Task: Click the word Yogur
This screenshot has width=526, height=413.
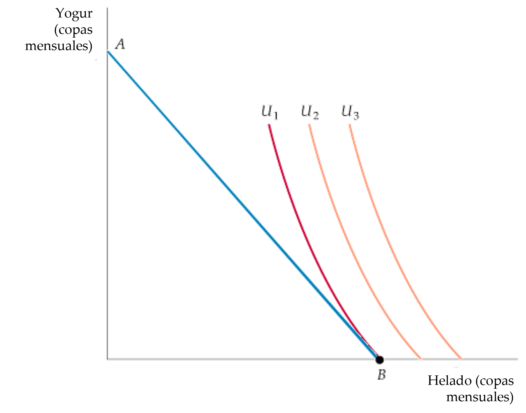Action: pyautogui.click(x=74, y=14)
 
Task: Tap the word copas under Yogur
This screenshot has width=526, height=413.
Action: pyautogui.click(x=77, y=30)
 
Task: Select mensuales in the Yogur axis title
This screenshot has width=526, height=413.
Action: pyautogui.click(x=59, y=46)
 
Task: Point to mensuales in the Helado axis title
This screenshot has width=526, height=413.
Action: pyautogui.click(x=480, y=397)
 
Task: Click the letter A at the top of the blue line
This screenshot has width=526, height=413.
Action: pyautogui.click(x=120, y=45)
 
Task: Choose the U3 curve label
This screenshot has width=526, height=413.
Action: pyautogui.click(x=350, y=112)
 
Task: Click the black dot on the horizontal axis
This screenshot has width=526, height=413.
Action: pyautogui.click(x=379, y=360)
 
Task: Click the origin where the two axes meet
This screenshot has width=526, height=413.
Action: pyautogui.click(x=107, y=360)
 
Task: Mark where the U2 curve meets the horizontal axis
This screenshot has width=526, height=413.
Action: pyautogui.click(x=421, y=359)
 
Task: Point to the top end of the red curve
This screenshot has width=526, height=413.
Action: pyautogui.click(x=269, y=124)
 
